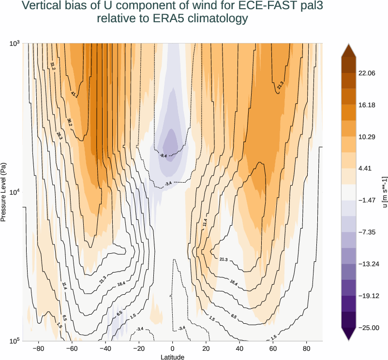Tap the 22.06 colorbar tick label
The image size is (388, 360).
click(367, 73)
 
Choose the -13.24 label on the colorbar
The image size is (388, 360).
click(368, 264)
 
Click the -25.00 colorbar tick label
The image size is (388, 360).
click(368, 328)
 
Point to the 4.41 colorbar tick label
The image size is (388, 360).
click(365, 169)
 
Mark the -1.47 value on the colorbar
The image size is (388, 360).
click(366, 200)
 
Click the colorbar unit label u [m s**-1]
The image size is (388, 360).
click(385, 192)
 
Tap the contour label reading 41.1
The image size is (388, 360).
click(74, 94)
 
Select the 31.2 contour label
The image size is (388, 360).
click(53, 66)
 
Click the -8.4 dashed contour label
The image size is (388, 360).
click(163, 156)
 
